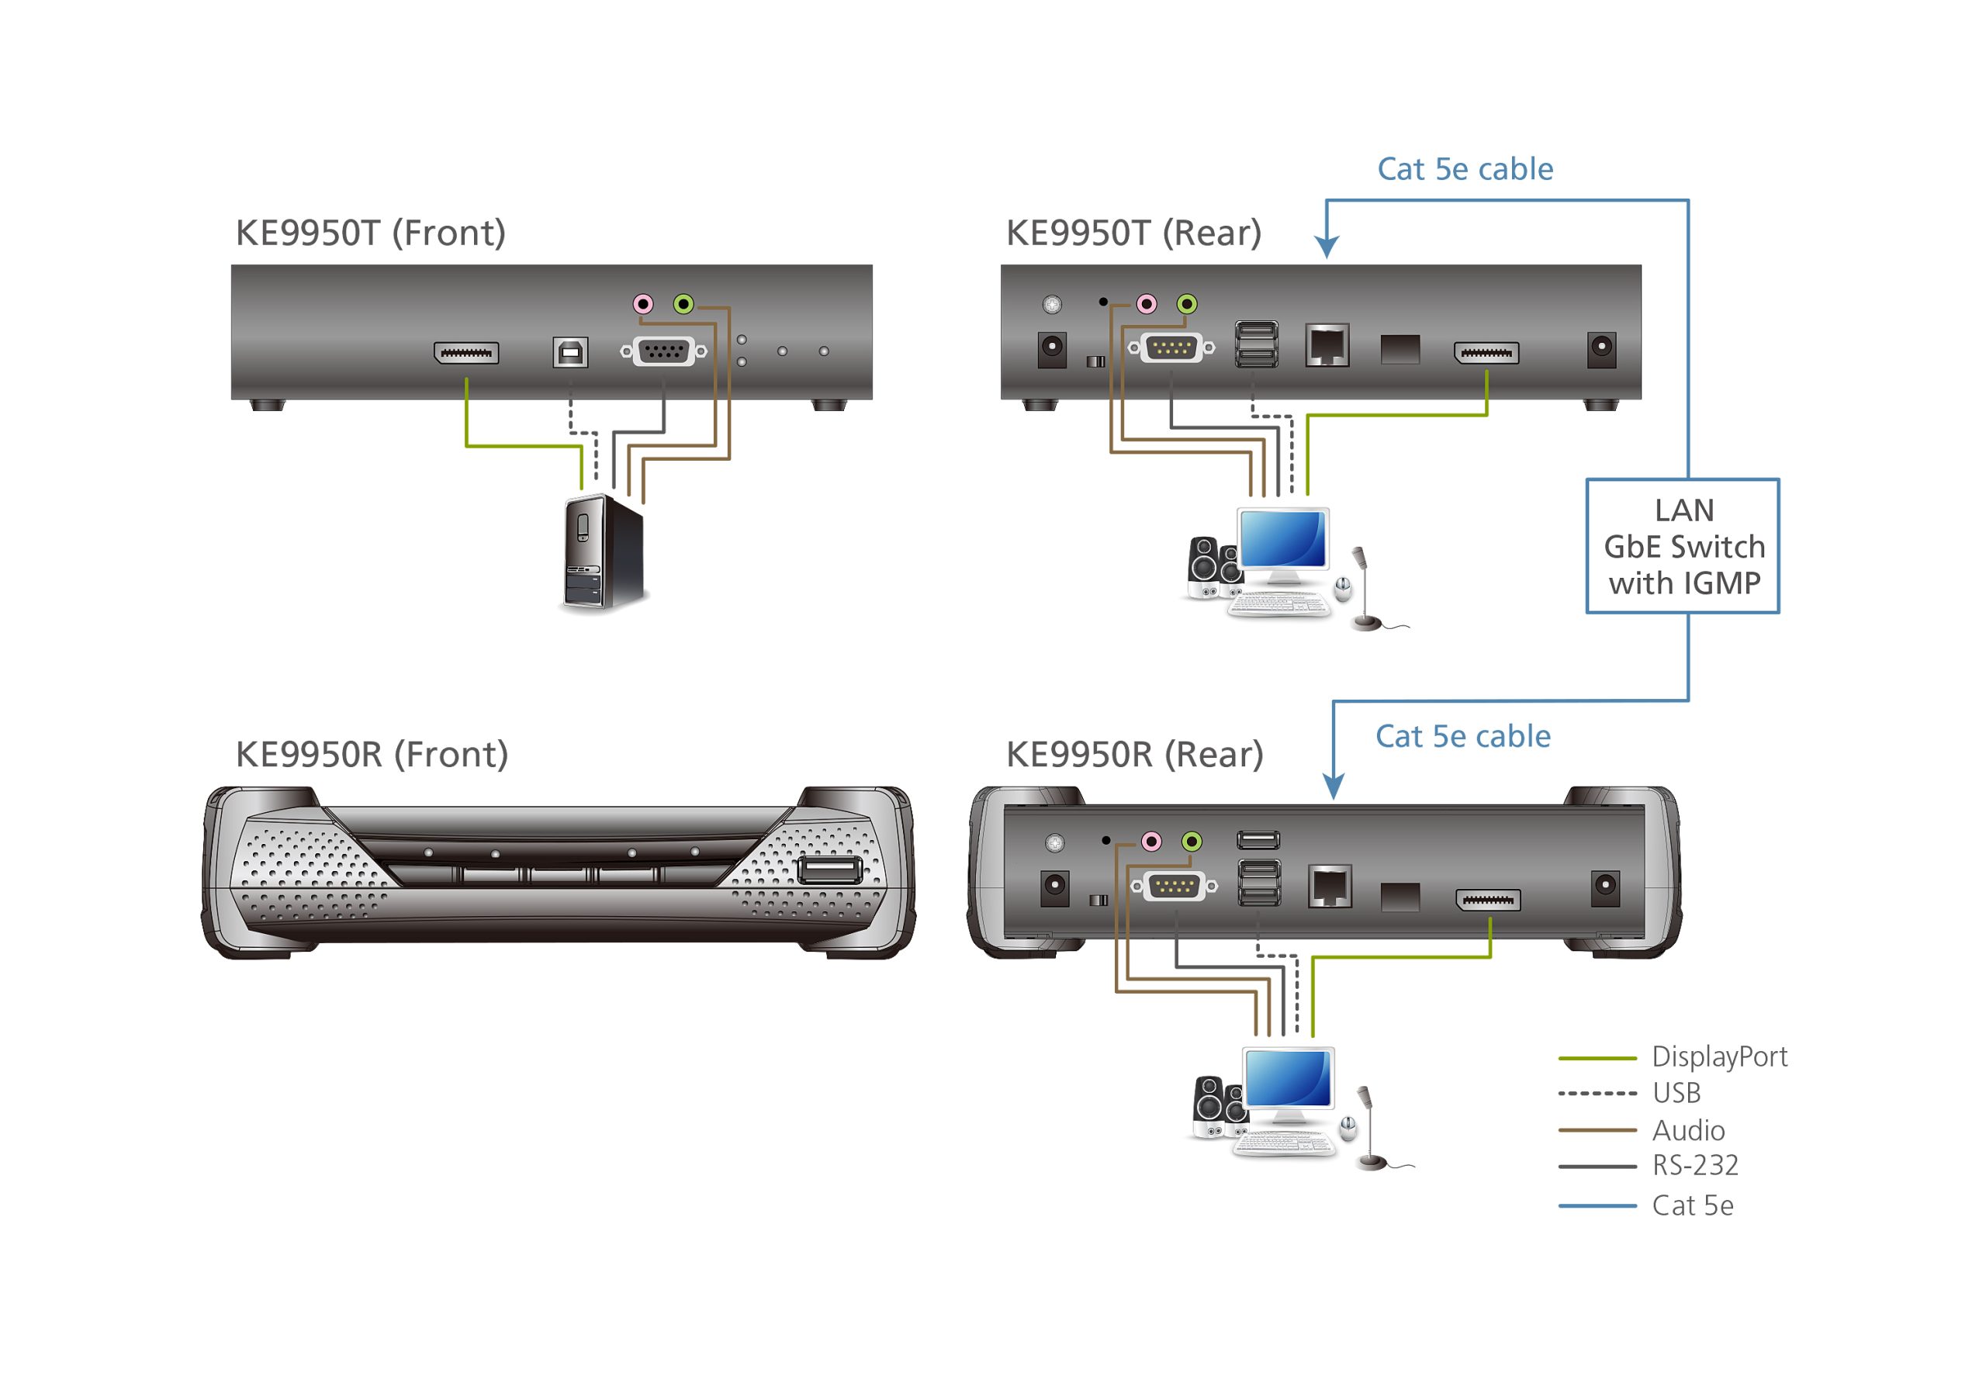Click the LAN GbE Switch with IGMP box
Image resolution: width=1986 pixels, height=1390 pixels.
1682,546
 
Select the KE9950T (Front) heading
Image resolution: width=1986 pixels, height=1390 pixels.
370,233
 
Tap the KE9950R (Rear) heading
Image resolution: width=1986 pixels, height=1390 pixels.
1134,754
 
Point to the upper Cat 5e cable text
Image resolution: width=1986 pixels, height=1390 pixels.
1465,168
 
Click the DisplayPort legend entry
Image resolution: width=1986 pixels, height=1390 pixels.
1718,1056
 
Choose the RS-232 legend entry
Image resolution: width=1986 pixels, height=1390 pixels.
1694,1165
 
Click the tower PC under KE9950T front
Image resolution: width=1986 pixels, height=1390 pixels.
603,554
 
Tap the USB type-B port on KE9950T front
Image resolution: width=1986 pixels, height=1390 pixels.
570,352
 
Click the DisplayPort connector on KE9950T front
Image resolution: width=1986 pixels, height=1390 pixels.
466,353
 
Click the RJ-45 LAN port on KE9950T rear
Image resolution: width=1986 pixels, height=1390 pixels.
1327,346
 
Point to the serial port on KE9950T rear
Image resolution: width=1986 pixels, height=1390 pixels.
1171,347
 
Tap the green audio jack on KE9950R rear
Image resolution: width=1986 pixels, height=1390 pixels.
1192,841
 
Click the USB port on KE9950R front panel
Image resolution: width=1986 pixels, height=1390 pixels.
828,870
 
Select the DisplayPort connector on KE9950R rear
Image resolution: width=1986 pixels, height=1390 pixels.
1488,901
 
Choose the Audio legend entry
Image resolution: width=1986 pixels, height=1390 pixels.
1687,1129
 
